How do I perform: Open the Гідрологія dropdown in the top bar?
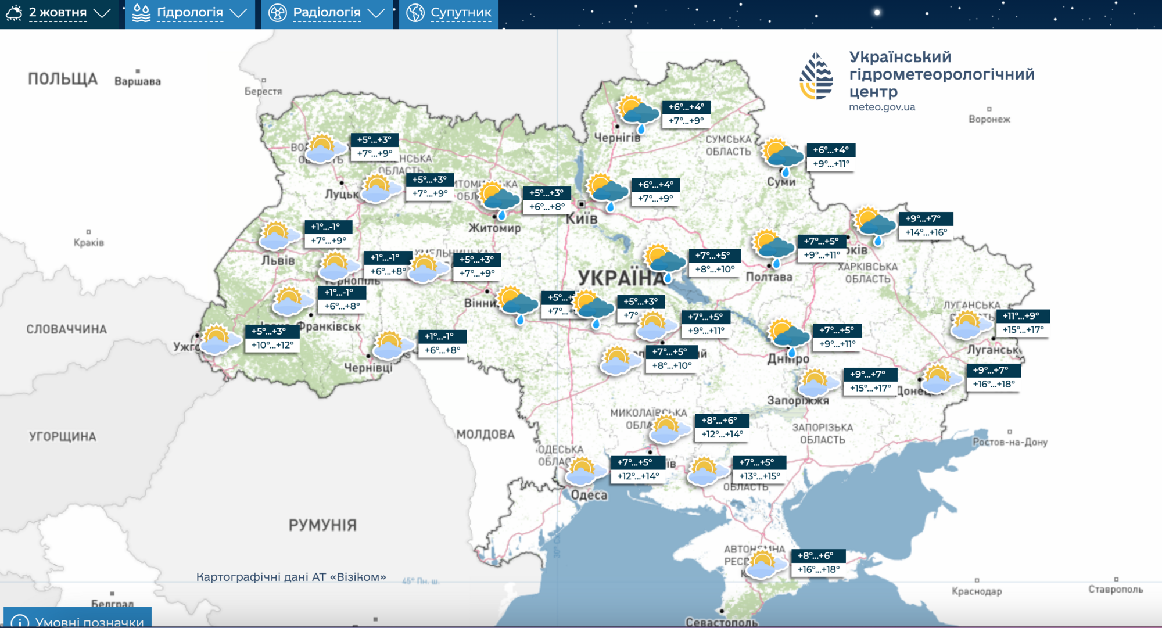[189, 13]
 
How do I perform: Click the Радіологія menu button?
[327, 13]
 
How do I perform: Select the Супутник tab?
[449, 13]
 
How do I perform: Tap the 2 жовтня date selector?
[58, 13]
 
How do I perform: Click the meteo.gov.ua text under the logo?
[881, 107]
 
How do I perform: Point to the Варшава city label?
[138, 81]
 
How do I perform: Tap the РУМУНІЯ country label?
[322, 525]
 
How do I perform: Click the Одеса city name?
[589, 495]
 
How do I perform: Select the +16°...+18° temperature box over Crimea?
[818, 569]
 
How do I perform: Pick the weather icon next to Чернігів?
[638, 114]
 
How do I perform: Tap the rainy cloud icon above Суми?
[783, 155]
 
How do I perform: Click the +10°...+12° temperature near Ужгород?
[272, 345]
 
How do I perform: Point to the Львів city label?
[278, 260]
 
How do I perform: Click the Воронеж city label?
[989, 119]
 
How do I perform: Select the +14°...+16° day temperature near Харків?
[926, 232]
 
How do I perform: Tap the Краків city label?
[89, 242]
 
